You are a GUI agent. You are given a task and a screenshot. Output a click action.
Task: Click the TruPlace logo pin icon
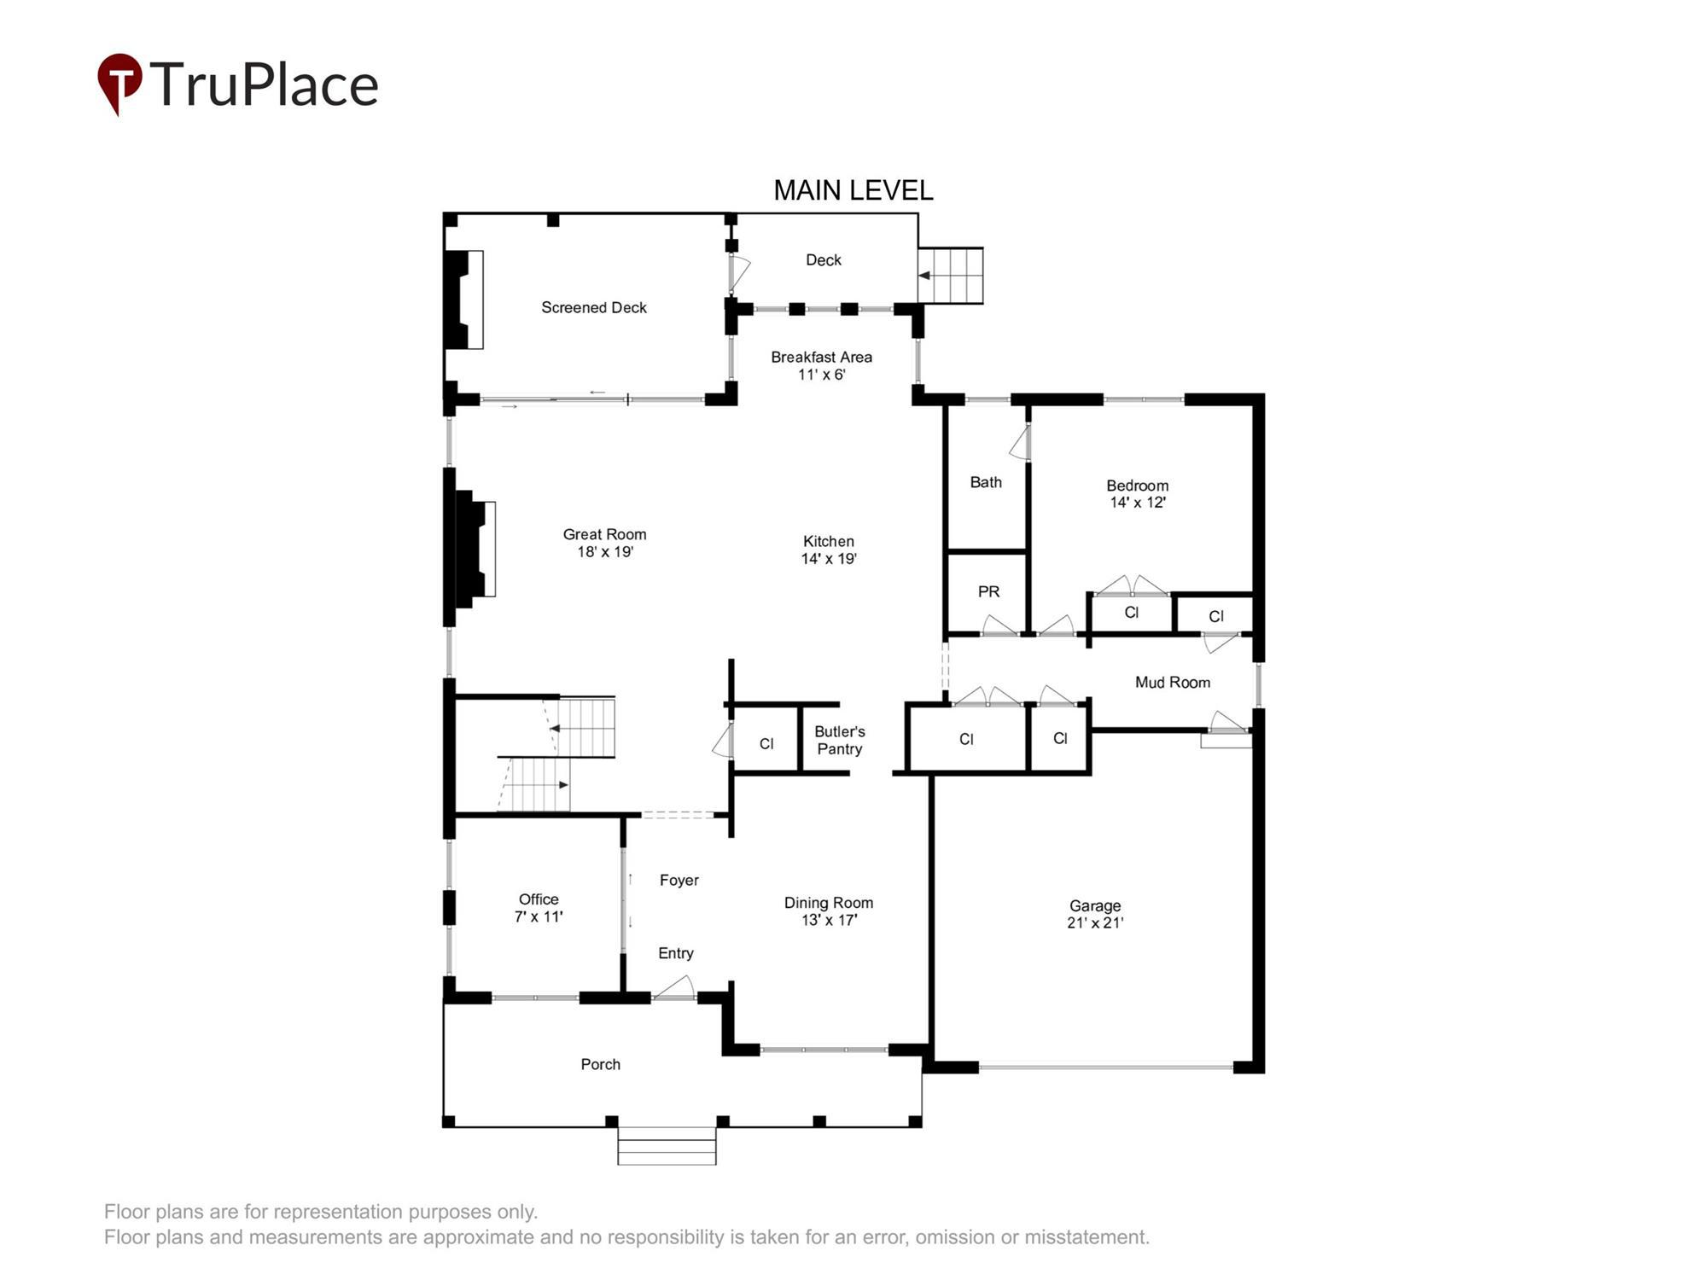119,83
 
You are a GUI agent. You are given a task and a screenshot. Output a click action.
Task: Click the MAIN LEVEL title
853,190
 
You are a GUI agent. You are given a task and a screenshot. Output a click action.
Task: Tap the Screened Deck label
594,307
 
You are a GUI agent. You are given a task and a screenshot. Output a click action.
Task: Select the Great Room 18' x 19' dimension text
604,552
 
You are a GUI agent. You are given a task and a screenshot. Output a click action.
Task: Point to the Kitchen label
828,541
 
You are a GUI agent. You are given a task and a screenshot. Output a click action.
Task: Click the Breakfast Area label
821,357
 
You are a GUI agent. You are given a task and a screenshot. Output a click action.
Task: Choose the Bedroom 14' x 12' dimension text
1137,503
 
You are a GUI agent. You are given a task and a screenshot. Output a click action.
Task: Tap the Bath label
986,482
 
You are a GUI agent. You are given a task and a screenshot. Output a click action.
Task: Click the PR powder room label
988,591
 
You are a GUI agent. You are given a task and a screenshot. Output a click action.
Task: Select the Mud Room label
1172,682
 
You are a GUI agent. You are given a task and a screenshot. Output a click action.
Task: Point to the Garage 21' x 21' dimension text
1095,922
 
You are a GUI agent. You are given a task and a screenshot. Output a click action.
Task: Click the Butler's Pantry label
839,740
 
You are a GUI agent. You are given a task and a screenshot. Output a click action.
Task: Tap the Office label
539,899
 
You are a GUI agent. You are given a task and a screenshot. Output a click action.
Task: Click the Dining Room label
828,903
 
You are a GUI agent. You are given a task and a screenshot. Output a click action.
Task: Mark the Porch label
600,1064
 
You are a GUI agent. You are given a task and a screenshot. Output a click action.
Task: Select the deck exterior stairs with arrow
951,276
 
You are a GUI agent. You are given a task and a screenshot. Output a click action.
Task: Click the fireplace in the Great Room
475,548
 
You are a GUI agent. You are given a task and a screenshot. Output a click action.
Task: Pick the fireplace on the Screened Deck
464,300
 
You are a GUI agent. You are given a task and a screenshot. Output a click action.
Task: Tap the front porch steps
667,1146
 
